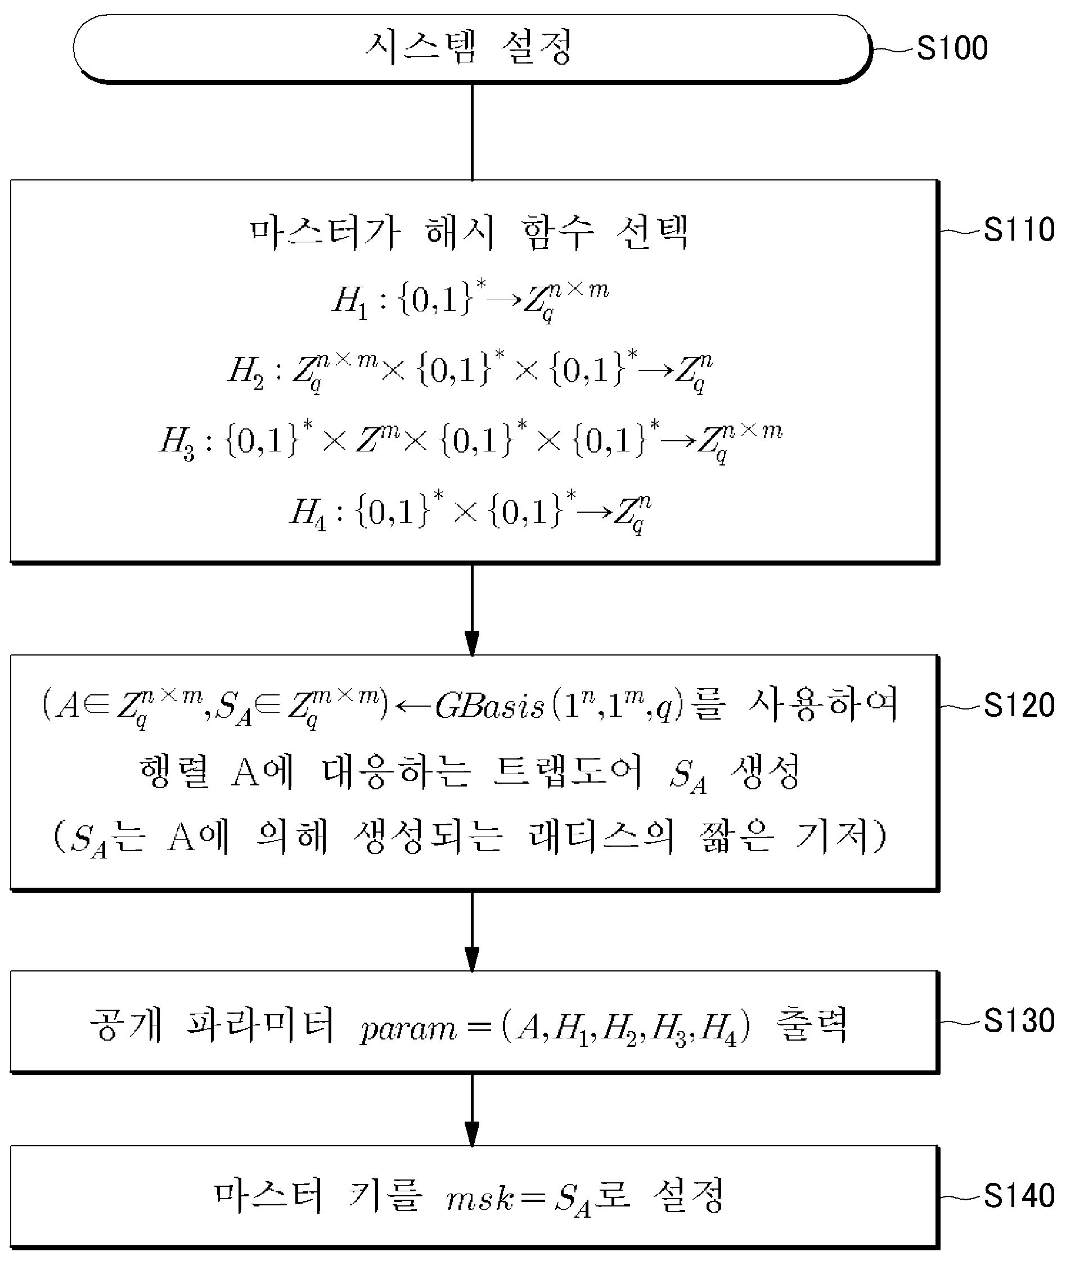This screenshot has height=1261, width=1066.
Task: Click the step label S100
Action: [x=952, y=48]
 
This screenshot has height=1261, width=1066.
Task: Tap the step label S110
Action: [x=1019, y=230]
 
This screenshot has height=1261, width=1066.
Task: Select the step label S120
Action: [x=1019, y=705]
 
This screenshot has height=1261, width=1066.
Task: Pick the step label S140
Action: [x=1019, y=1196]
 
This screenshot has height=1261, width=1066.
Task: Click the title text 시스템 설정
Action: [x=469, y=47]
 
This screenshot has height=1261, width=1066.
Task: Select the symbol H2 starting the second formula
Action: [x=245, y=372]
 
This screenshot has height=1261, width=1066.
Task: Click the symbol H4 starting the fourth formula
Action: [x=308, y=513]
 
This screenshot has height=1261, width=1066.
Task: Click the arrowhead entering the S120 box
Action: [x=472, y=644]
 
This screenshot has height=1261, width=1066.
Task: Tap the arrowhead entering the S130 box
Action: [x=472, y=960]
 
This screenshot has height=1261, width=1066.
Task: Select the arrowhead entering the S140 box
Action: [x=472, y=1134]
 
